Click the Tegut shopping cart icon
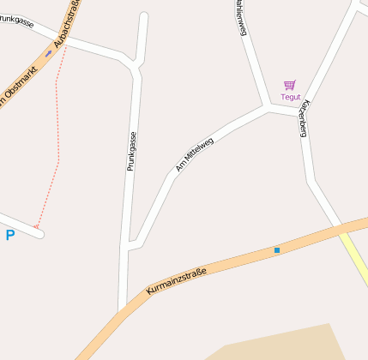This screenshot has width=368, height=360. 290,85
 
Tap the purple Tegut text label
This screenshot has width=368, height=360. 290,97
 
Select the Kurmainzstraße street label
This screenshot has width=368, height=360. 176,280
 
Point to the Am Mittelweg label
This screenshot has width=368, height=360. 194,154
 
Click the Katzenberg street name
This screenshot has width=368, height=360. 303,118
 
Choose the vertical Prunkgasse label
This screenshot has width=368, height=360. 131,151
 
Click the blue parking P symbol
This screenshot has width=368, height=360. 10,235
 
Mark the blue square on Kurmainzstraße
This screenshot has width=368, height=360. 276,250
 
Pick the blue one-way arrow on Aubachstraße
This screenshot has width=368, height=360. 48,53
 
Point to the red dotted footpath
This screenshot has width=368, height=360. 57,129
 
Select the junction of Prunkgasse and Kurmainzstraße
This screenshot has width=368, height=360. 123,309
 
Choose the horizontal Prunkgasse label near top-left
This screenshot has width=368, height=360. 19,19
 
